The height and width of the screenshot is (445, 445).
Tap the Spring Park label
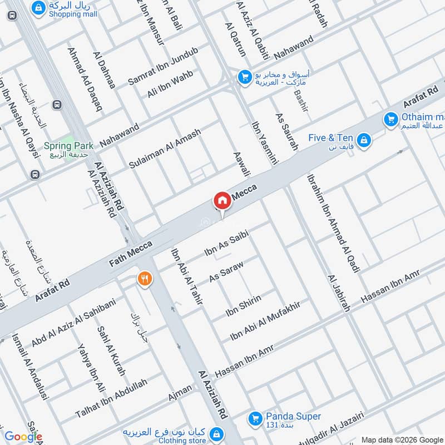[x=66, y=145]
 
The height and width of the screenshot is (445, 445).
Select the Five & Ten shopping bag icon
[x=364, y=140]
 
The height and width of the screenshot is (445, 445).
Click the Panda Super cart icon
[x=255, y=417]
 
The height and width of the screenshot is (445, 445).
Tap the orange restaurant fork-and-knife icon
[x=145, y=278]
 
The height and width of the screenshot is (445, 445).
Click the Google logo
[x=23, y=437]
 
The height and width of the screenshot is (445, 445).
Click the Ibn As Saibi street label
[x=225, y=245]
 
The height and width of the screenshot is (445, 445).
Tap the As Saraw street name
[x=226, y=270]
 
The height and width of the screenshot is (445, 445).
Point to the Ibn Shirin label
[x=243, y=306]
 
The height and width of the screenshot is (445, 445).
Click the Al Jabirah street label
[x=339, y=293]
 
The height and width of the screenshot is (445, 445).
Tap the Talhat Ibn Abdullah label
[x=111, y=399]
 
